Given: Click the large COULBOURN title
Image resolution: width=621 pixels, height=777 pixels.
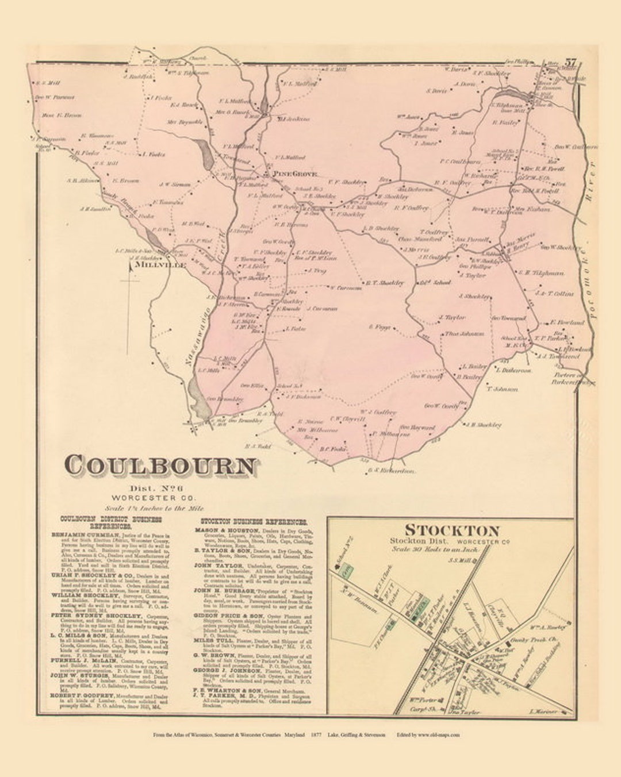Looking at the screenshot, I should [161, 466].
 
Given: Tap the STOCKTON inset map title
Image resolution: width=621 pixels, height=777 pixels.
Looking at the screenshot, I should [451, 530].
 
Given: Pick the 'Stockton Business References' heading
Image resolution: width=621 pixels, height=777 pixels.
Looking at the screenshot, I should [250, 522].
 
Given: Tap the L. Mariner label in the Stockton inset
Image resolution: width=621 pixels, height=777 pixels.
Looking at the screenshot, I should [543, 711].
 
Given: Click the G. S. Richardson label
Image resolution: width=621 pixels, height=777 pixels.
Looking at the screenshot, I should [389, 471].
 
